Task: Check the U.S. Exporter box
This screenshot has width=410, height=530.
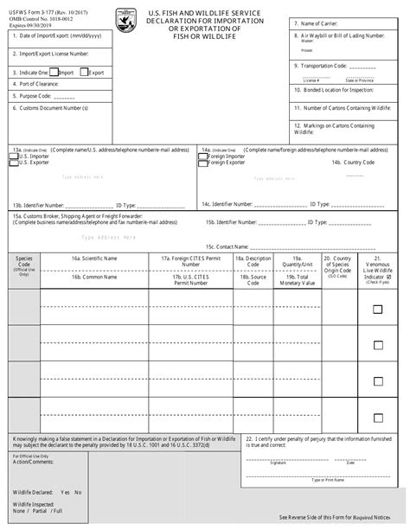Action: (15, 162)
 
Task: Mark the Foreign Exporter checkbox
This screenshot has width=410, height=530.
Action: (204, 162)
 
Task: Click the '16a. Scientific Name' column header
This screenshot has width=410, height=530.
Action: (95, 259)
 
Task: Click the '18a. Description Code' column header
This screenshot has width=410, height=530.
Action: (257, 262)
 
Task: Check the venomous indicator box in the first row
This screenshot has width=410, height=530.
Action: (376, 309)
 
